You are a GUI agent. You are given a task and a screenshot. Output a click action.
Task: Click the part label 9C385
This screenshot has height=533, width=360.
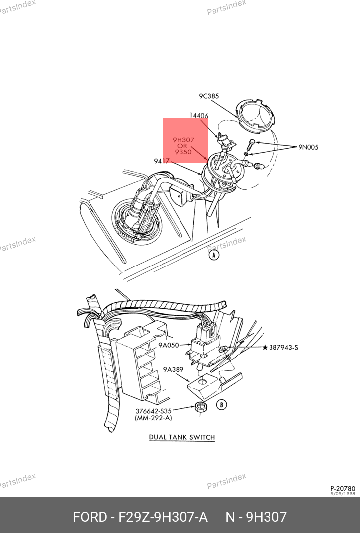pyautogui.click(x=209, y=96)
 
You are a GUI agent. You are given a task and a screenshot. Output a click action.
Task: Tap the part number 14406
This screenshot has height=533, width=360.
pyautogui.click(x=199, y=116)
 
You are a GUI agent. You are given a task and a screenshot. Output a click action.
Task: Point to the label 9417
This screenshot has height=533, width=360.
pyautogui.click(x=162, y=161)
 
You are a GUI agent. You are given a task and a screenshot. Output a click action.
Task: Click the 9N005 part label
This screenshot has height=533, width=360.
pyautogui.click(x=308, y=147)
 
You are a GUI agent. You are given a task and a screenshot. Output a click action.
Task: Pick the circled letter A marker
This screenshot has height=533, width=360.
pyautogui.click(x=213, y=255)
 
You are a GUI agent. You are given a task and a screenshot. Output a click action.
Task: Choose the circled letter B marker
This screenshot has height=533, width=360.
pyautogui.click(x=222, y=405)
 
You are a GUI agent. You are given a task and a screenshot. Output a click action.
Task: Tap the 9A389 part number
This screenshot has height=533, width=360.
pyautogui.click(x=174, y=370)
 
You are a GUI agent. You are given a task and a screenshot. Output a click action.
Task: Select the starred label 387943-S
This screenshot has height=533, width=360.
pyautogui.click(x=280, y=348)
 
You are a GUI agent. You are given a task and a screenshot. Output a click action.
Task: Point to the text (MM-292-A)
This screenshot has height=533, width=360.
pyautogui.click(x=154, y=419)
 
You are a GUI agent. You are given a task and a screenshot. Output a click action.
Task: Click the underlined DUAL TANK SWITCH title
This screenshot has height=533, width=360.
pyautogui.click(x=182, y=438)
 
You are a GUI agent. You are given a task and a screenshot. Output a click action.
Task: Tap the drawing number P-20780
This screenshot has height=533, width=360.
pyautogui.click(x=343, y=489)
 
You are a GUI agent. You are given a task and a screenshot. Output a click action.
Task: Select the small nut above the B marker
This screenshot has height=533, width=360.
pyautogui.click(x=202, y=407)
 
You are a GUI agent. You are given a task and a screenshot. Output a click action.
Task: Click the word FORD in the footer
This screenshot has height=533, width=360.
pyautogui.click(x=90, y=517)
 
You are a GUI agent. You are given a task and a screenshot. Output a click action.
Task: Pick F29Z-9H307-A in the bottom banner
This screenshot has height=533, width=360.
pyautogui.click(x=163, y=517)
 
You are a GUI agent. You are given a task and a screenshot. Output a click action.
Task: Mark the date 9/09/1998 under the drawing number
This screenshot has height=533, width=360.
pyautogui.click(x=343, y=494)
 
